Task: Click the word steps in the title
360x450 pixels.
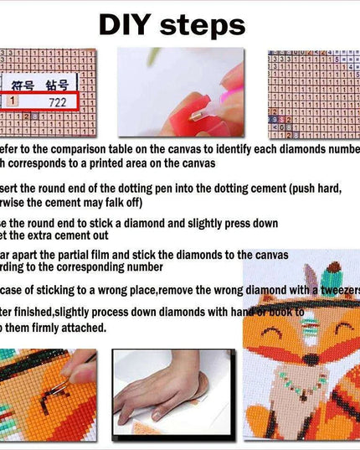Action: point(205,25)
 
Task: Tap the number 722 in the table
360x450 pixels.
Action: point(57,101)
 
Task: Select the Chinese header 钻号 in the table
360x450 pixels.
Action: point(57,84)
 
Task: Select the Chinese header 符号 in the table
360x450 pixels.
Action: point(23,84)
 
